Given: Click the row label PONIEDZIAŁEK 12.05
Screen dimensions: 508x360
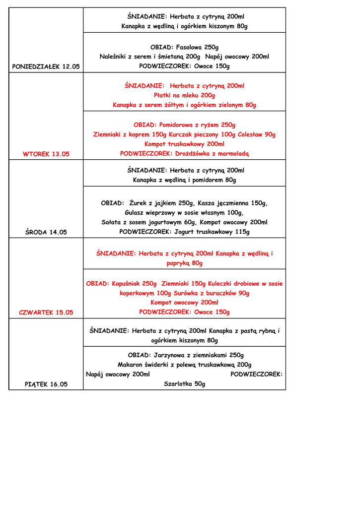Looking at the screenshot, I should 46,66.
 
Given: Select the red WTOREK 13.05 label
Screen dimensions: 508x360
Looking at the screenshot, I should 46,154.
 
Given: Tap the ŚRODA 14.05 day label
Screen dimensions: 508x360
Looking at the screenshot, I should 46,232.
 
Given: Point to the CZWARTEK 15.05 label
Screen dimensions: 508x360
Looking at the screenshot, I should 46,313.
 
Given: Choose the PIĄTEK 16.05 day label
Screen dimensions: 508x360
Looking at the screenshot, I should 46,384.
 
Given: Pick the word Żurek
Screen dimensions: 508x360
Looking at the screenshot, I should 140,203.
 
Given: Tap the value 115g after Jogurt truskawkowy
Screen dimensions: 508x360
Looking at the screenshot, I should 241,232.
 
